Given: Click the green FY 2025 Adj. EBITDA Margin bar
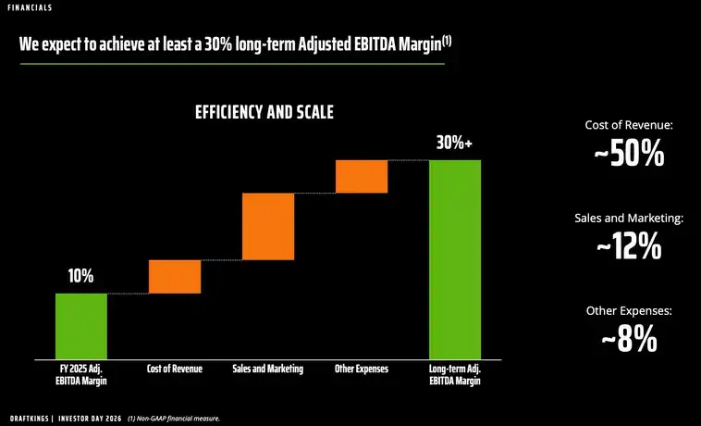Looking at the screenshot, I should [x=81, y=325].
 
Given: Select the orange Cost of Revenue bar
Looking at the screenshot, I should [x=175, y=277].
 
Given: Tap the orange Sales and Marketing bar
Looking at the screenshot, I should [x=268, y=226].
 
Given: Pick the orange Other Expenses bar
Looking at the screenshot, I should [x=361, y=176].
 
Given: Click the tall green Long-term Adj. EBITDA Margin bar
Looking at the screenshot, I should [x=455, y=259].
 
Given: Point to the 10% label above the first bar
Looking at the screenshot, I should [x=80, y=276].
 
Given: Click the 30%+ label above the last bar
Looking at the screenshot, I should [x=454, y=144].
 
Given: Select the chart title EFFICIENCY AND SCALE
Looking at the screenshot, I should [x=264, y=112].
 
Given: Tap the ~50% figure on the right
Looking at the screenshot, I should [x=629, y=155].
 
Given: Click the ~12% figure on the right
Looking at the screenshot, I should [x=629, y=247].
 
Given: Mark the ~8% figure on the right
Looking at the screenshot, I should [x=629, y=340].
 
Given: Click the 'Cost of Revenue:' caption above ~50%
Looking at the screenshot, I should [x=629, y=124].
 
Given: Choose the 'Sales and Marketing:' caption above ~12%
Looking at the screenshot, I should [x=629, y=218].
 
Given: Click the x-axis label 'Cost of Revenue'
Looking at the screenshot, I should [x=175, y=370].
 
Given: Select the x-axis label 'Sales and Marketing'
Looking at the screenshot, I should [x=268, y=370].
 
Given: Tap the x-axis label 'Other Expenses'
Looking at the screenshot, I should [x=361, y=370].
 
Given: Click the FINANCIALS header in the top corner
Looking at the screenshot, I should [x=31, y=8].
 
